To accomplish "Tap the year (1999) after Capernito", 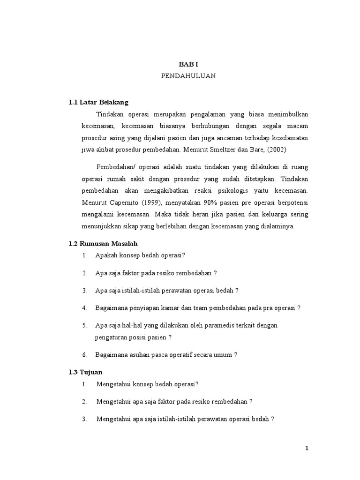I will click(145, 202).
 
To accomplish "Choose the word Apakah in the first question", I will click(105, 255).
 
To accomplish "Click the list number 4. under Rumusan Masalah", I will click(84, 308).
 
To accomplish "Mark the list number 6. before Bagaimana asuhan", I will click(84, 355).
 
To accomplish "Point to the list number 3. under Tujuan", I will click(84, 419).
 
